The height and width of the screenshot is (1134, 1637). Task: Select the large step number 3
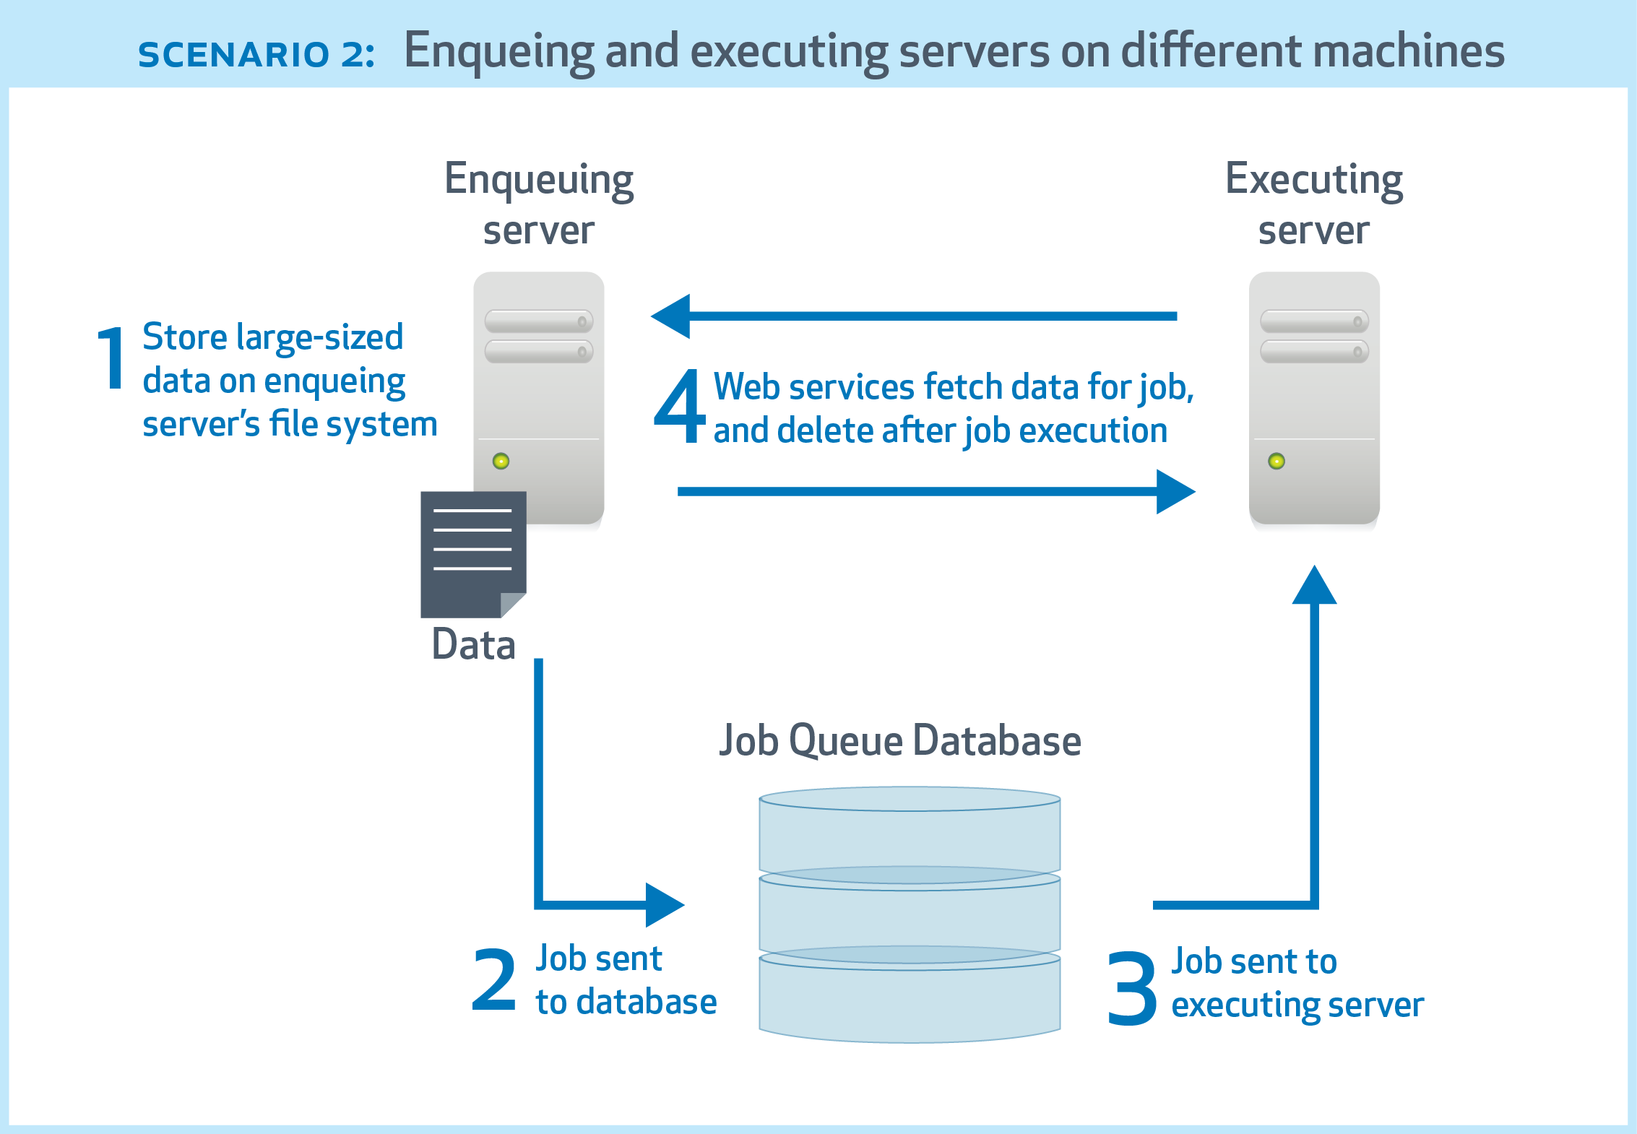1131,987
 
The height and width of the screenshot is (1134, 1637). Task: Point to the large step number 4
679,406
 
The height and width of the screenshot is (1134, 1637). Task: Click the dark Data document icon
473,554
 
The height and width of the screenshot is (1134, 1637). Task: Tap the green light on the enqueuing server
501,461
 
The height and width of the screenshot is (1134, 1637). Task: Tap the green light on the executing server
1277,461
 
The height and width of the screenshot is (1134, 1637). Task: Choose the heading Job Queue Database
900,741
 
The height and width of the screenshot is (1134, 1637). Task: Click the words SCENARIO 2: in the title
256,55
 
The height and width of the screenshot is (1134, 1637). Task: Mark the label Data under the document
473,644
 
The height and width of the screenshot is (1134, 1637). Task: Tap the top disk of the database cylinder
910,831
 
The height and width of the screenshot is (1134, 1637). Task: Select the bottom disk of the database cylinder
910,1000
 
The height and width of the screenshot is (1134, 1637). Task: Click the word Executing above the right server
1314,179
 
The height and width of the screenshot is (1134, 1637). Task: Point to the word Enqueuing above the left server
539,181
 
